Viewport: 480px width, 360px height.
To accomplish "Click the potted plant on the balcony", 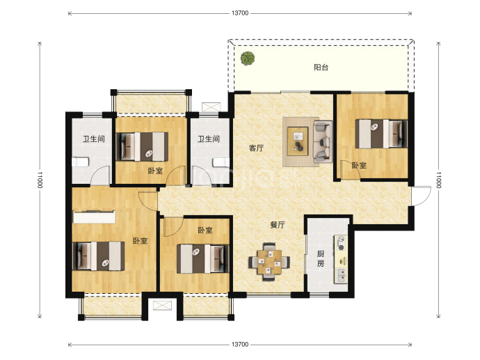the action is [x=248, y=58].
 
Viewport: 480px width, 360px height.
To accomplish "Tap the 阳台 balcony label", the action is [x=321, y=67].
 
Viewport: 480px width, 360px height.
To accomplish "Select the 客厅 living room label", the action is [x=256, y=148].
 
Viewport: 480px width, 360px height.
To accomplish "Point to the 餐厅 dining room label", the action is [x=278, y=225].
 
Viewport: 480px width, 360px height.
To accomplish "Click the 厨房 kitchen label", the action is [x=321, y=258].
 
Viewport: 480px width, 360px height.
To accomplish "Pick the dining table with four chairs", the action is [x=269, y=262].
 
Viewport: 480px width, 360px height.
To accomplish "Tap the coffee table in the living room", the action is [x=298, y=141].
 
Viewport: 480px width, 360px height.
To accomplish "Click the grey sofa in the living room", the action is [x=323, y=141].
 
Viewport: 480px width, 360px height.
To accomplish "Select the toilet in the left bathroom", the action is [x=81, y=162].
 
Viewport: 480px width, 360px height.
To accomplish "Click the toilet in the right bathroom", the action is [x=221, y=162].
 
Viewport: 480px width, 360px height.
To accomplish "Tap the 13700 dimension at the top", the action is [x=240, y=13].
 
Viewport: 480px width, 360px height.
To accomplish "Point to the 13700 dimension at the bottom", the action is [x=240, y=345].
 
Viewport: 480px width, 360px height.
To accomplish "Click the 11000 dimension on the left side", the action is [x=40, y=180].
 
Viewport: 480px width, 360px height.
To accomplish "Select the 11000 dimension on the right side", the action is [x=438, y=180].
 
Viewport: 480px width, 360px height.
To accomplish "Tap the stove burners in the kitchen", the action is [x=341, y=243].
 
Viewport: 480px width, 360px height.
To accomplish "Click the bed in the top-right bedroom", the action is [x=381, y=134].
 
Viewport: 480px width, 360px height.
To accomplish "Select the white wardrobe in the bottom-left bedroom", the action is [x=95, y=217].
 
